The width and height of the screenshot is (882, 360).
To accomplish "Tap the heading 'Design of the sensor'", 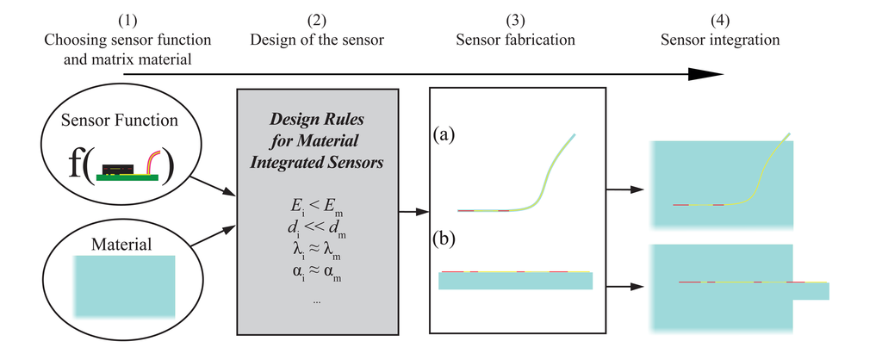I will (x=316, y=40).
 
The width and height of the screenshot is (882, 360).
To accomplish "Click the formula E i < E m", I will (x=316, y=208).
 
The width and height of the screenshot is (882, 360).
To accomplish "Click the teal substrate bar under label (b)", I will (x=515, y=282).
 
